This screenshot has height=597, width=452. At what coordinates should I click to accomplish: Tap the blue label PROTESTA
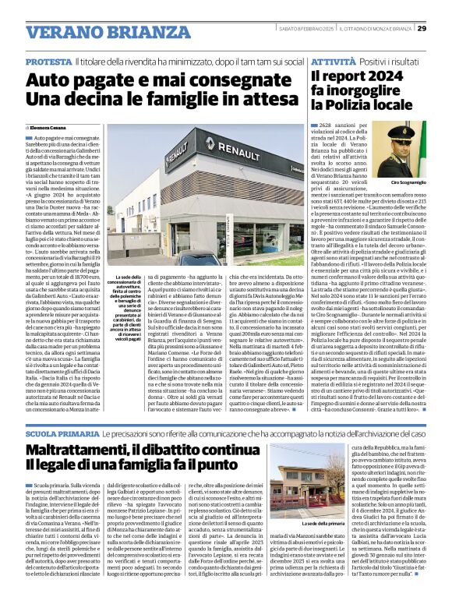(48, 61)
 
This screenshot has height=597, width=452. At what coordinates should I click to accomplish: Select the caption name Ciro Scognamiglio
(407, 182)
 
